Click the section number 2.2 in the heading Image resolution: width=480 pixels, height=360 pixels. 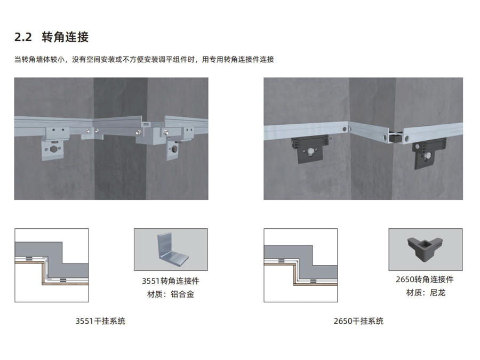pos(24,37)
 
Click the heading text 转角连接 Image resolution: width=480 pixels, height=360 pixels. pos(65,37)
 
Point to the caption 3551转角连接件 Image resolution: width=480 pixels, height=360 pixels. pos(170,281)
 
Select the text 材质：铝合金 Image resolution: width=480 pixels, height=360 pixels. pos(170,294)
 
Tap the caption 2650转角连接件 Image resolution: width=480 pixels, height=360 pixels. pos(425,279)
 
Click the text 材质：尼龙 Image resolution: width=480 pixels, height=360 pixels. pos(425,292)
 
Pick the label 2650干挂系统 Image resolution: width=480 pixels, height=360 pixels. pos(358,321)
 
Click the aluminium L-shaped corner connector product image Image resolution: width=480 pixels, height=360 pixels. pos(170,250)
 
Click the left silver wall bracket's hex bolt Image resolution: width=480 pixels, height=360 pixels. pos(56,149)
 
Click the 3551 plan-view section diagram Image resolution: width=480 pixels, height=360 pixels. pos(51,265)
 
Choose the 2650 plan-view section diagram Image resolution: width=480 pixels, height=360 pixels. pos(300,265)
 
